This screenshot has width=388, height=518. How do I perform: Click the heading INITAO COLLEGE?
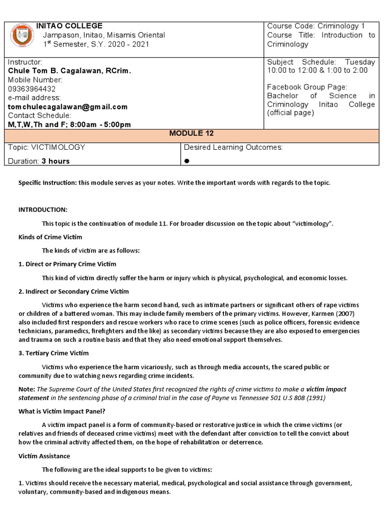coord(69,26)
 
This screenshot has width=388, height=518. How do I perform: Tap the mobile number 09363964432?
coord(32,89)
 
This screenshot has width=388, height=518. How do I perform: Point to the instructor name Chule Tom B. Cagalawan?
coord(69,71)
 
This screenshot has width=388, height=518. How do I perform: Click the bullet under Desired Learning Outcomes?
coord(186,160)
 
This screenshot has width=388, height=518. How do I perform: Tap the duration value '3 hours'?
coord(56,161)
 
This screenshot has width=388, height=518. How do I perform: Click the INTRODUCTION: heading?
coord(43,209)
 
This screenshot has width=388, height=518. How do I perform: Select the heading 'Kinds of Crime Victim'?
coord(50,237)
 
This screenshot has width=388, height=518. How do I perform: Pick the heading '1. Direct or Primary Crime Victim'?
coord(67,264)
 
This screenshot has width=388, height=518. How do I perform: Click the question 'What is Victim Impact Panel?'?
coord(61,411)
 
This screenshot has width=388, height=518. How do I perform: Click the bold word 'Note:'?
coord(27,389)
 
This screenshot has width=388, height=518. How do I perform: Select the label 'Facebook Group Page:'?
coord(307,88)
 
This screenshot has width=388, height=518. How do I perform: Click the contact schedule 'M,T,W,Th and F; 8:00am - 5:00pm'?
coord(69,124)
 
